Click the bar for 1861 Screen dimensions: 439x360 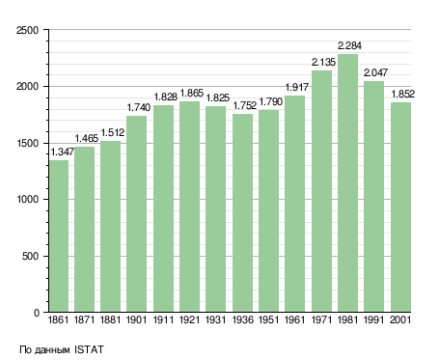point(59,236)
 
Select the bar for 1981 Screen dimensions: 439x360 point(347,183)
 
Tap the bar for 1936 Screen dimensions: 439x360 point(242,213)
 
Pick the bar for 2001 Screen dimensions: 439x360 point(400,208)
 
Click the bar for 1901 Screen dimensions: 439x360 point(136,214)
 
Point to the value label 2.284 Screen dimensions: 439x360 point(349,46)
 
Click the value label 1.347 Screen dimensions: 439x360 point(63,152)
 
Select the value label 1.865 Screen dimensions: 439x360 point(192,94)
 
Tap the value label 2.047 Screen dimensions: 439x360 point(375,72)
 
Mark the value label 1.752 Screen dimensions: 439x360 point(245,105)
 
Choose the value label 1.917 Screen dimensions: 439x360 point(297,87)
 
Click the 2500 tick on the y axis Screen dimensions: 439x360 point(27,30)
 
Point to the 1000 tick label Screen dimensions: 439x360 point(27,200)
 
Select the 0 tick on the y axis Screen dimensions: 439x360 point(37,313)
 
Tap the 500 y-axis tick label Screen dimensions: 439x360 point(30,257)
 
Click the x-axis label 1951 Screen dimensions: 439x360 point(268,320)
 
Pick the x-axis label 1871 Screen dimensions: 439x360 point(84,320)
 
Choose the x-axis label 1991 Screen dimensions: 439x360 point(374,320)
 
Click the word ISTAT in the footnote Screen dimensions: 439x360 point(89,349)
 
